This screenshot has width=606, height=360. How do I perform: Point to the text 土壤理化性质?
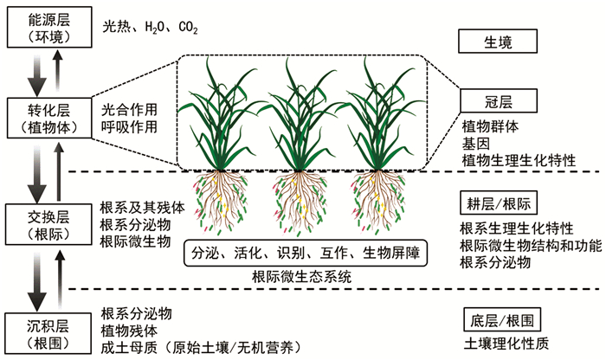[504, 342]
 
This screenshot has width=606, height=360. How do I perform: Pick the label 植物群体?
[490, 126]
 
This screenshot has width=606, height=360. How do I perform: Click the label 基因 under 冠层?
[475, 144]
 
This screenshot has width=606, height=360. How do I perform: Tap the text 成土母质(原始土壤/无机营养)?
[200, 349]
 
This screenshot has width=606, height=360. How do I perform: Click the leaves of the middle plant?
[303, 112]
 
